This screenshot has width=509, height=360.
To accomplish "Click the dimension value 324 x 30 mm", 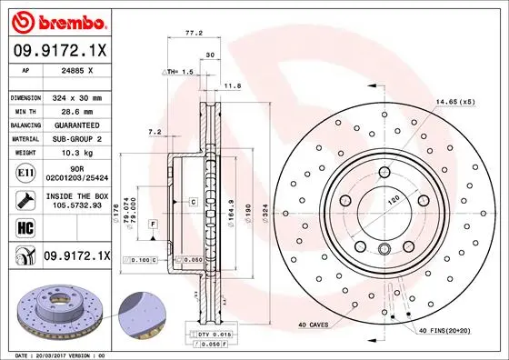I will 77,97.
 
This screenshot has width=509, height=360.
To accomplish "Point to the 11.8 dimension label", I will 232,86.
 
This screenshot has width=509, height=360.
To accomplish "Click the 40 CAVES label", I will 314,325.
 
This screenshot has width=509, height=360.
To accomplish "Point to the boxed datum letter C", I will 194,200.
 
